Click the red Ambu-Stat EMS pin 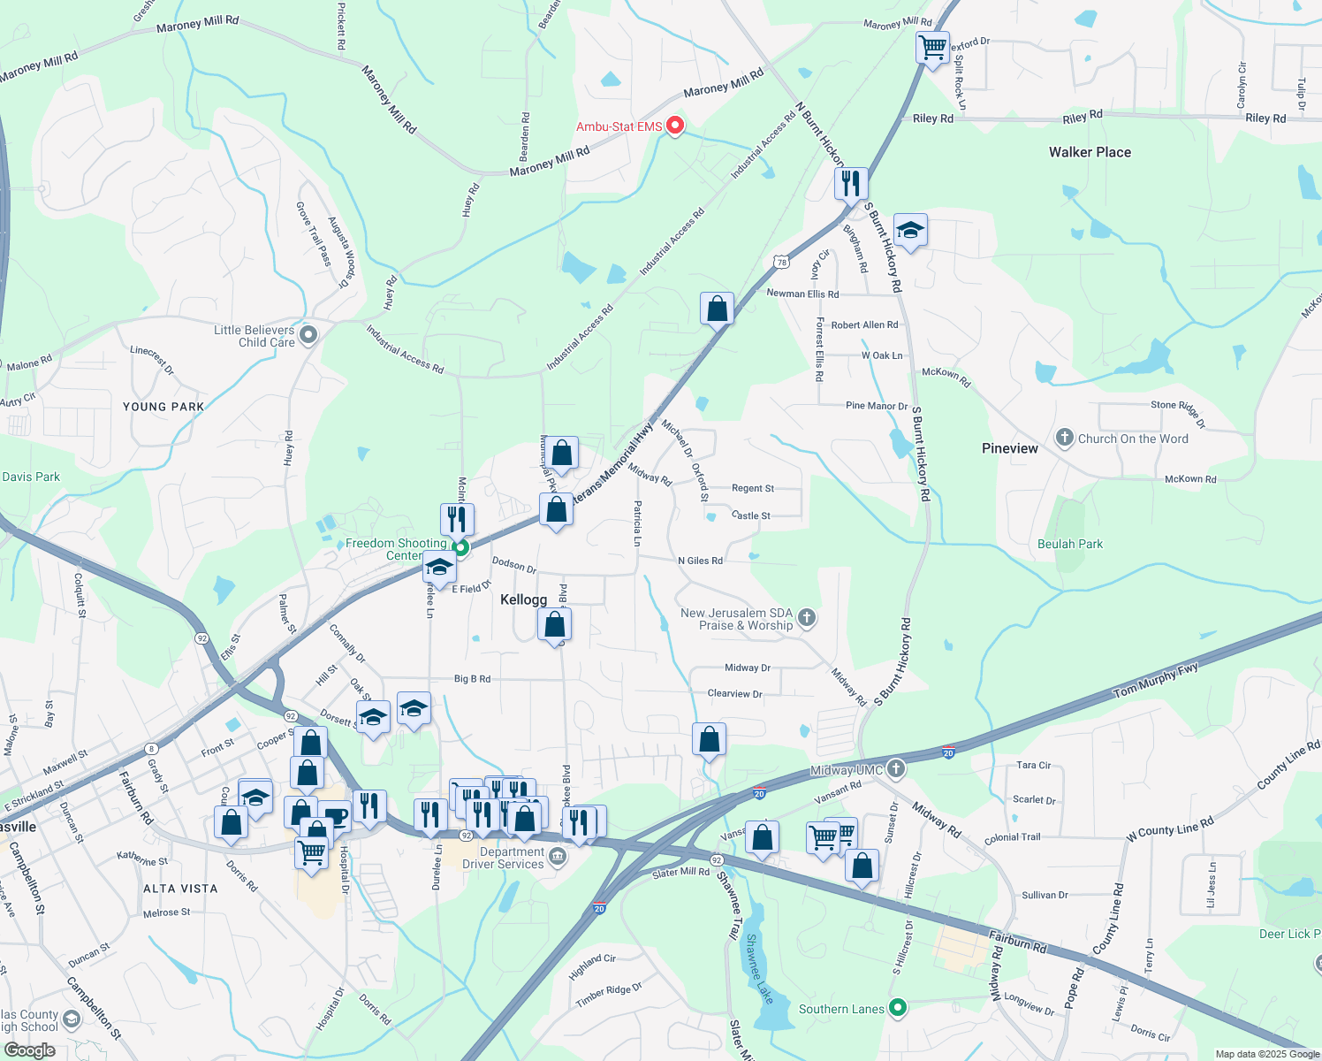point(675,126)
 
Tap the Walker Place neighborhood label point(1090,152)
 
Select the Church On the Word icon point(1065,438)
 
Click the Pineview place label point(1009,448)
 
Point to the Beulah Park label point(1069,544)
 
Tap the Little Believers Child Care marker point(308,335)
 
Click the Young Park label point(163,407)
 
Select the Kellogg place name point(523,599)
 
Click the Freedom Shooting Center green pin point(460,548)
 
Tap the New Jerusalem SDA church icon point(806,618)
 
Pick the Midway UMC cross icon point(896,768)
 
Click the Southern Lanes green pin point(898,1008)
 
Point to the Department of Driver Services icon point(558,856)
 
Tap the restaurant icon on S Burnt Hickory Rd point(850,183)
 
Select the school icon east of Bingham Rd point(910,231)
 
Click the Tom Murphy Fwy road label point(1155,679)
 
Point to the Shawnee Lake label point(759,969)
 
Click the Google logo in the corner point(29,1050)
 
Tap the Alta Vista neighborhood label point(179,889)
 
